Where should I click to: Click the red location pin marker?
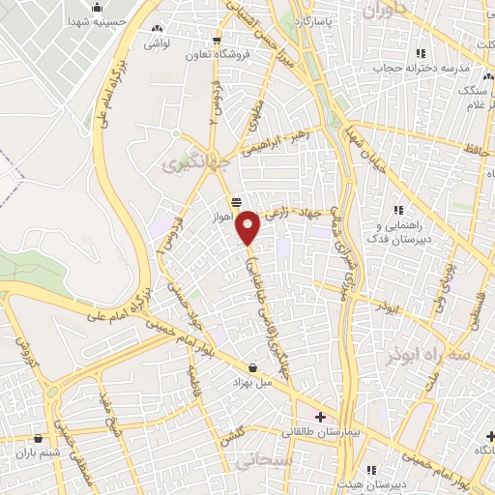(248, 226)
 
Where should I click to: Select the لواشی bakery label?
(159, 44)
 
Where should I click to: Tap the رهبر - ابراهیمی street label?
(280, 140)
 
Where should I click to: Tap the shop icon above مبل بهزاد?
(253, 368)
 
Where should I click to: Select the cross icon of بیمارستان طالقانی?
(320, 417)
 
